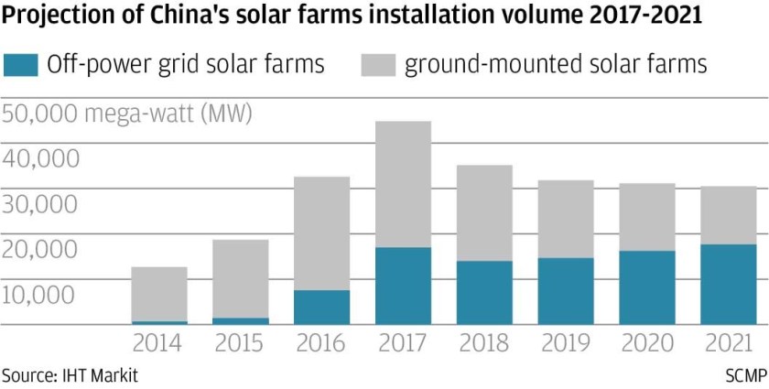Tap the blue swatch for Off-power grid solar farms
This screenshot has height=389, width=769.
coord(21,65)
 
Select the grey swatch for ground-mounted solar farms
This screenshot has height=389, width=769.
coord(377,65)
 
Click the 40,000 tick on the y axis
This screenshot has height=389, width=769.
coord(40,159)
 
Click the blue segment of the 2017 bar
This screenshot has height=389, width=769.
coord(403,286)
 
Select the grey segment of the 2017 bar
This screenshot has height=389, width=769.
coord(403,184)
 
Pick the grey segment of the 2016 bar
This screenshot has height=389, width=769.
coord(321,233)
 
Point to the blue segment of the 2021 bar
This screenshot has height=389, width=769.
coord(729,284)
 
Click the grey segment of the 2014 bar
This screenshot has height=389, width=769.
coord(159,294)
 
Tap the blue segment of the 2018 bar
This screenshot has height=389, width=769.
coord(484,292)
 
